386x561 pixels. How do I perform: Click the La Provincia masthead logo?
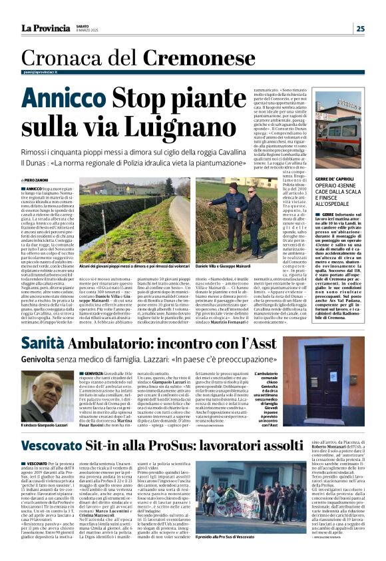[45, 28]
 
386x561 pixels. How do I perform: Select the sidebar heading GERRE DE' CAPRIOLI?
[336, 179]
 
